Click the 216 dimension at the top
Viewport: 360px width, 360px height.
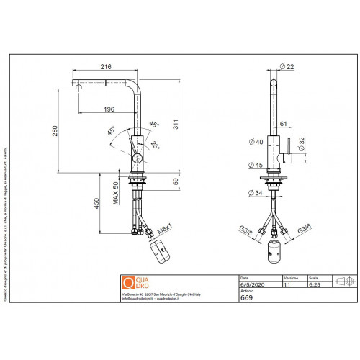[105, 66]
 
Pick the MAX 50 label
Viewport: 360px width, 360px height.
[115, 194]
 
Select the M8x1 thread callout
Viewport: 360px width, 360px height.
[165, 230]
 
